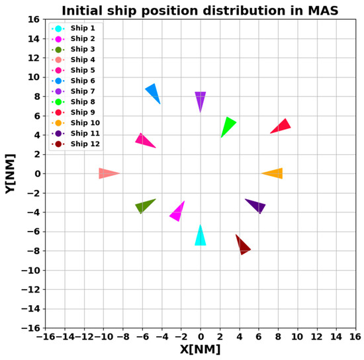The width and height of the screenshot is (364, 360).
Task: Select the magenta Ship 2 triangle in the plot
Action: click(x=177, y=212)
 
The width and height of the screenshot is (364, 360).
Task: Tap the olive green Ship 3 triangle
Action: click(x=144, y=206)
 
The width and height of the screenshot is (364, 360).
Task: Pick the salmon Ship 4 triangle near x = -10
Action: click(x=107, y=173)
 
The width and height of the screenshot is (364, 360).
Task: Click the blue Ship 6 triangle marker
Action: click(x=153, y=93)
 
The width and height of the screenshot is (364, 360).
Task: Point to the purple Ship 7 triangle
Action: click(x=200, y=100)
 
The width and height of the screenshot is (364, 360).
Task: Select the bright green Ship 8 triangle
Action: click(x=228, y=126)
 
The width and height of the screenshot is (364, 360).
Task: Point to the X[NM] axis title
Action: click(x=200, y=350)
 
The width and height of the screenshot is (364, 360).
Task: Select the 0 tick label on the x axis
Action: click(x=200, y=336)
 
